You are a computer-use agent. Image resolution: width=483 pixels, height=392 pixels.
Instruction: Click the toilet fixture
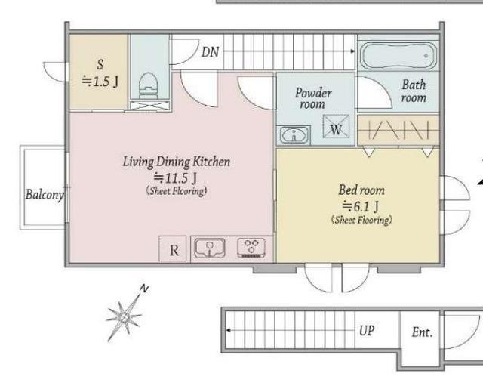(x=148, y=85)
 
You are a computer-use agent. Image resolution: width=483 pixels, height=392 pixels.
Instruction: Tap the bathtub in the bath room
(x=398, y=56)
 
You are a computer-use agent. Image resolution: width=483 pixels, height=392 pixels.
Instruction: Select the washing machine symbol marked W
(x=336, y=126)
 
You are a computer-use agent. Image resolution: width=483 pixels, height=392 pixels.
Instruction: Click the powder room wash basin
(x=294, y=134)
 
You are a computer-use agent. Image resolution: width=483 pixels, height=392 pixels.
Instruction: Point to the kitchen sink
(x=210, y=248)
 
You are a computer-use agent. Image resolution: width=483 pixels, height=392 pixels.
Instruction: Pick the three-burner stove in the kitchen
(x=251, y=248)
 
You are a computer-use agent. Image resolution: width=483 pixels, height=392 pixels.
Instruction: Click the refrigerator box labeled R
(x=173, y=248)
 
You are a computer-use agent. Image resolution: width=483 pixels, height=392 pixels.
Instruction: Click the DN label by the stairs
(x=210, y=52)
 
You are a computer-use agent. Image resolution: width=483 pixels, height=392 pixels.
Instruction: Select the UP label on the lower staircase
(x=367, y=331)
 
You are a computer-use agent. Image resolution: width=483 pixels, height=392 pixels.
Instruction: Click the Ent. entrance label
(x=422, y=332)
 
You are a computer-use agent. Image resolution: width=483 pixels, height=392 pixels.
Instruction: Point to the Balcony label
(x=45, y=194)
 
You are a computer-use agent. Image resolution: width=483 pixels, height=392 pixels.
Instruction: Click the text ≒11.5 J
(x=175, y=177)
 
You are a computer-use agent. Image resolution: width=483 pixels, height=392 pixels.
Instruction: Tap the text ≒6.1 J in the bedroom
(x=361, y=206)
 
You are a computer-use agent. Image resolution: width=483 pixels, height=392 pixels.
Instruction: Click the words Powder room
(x=313, y=98)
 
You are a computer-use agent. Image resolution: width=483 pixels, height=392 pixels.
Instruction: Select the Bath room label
(x=414, y=91)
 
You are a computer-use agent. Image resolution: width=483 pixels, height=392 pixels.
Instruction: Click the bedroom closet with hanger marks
(x=398, y=130)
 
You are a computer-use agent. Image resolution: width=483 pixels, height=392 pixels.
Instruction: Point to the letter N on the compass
(x=144, y=289)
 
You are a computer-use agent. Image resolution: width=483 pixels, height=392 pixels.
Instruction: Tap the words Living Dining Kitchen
(x=177, y=162)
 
